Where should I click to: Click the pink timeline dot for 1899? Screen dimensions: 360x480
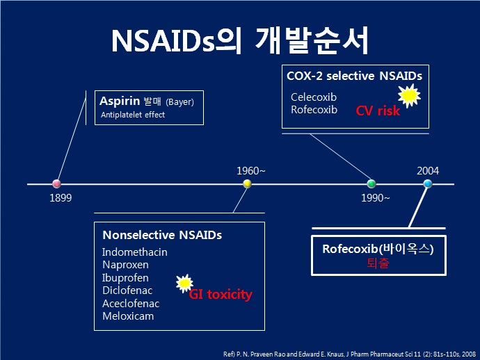pyautogui.click(x=57, y=184)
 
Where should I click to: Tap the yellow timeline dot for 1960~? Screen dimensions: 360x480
pyautogui.click(x=247, y=183)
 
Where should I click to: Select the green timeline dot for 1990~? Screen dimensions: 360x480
pyautogui.click(x=371, y=183)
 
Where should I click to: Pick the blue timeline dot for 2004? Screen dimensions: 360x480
pyautogui.click(x=427, y=183)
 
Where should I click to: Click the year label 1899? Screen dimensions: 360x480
pyautogui.click(x=61, y=197)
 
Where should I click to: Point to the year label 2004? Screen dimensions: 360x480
pyautogui.click(x=428, y=170)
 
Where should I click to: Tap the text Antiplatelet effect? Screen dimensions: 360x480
pyautogui.click(x=132, y=115)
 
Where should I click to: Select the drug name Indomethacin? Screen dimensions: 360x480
pyautogui.click(x=135, y=252)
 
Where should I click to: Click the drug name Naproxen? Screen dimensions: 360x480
pyautogui.click(x=125, y=265)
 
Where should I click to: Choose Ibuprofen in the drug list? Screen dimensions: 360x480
pyautogui.click(x=125, y=278)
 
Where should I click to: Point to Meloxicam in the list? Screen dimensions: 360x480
pyautogui.click(x=128, y=316)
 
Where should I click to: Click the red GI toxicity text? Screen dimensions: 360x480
pyautogui.click(x=221, y=295)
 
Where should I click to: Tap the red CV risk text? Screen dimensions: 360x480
pyautogui.click(x=378, y=111)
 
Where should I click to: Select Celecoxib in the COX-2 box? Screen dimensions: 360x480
pyautogui.click(x=314, y=97)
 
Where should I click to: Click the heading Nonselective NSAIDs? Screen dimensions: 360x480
pyautogui.click(x=162, y=235)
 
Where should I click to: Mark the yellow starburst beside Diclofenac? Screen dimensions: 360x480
pyautogui.click(x=184, y=283)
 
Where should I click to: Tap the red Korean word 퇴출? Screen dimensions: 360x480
pyautogui.click(x=378, y=264)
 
